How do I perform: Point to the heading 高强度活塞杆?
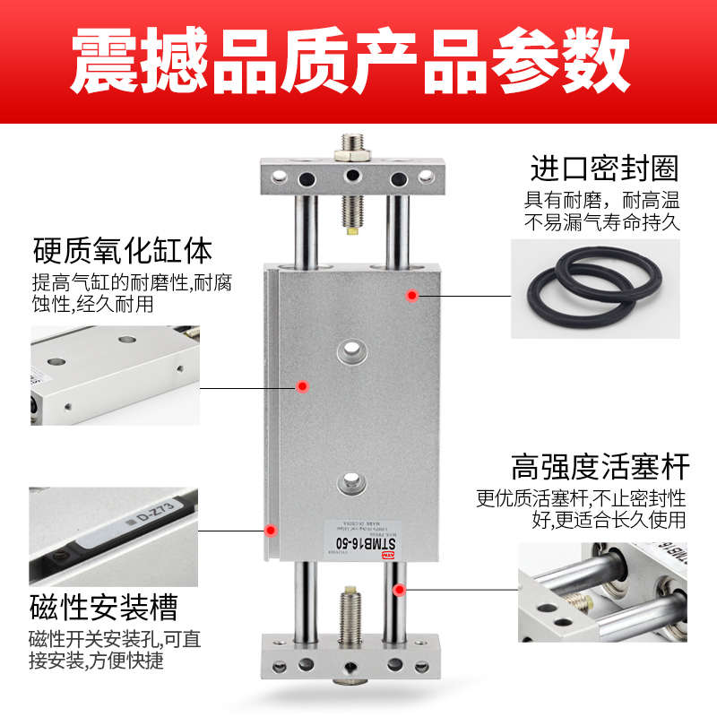(x=600, y=467)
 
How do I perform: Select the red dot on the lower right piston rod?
(x=399, y=589)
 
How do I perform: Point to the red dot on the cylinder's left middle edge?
(x=303, y=386)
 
